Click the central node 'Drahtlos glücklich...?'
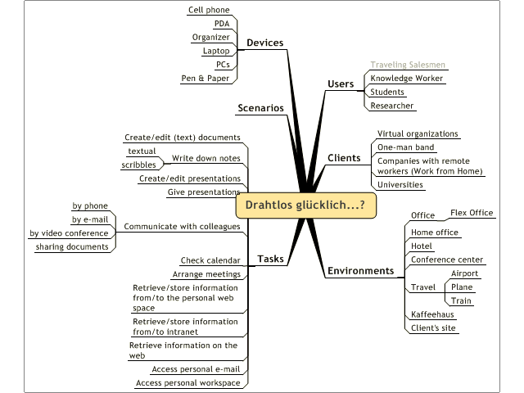click(305, 206)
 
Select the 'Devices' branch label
click(264, 43)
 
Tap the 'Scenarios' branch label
click(260, 108)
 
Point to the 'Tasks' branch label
click(270, 259)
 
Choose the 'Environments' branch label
click(360, 271)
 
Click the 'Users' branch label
click(341, 84)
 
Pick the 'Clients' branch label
click(344, 157)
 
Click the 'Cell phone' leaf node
click(209, 10)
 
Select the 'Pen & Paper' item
click(205, 79)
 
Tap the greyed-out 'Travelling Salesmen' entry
click(409, 65)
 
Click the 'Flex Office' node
click(472, 213)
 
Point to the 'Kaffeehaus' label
click(432, 314)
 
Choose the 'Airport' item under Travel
click(464, 273)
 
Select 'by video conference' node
click(69, 233)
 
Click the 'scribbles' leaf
click(138, 165)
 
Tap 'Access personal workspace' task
click(187, 382)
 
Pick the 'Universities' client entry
click(400, 184)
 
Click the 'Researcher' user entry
click(391, 106)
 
